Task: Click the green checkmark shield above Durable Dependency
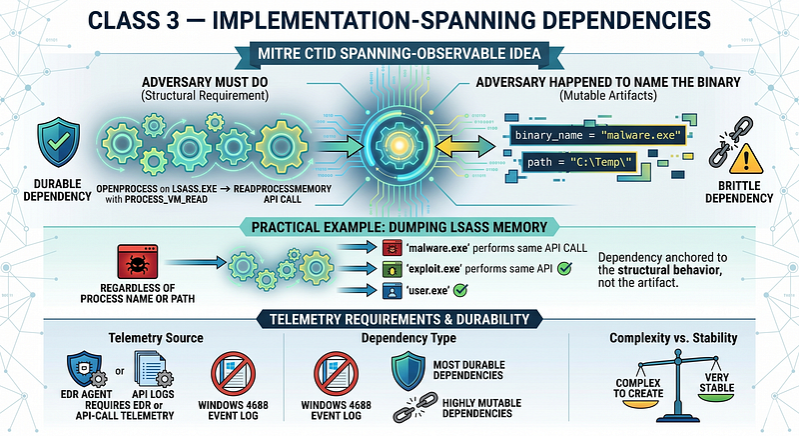click(x=58, y=142)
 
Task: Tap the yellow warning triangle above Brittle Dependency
click(x=746, y=159)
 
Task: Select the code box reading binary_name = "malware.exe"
click(x=597, y=135)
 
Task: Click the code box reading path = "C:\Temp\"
click(x=580, y=162)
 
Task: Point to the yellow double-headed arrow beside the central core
click(x=465, y=146)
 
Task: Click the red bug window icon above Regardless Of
click(x=138, y=262)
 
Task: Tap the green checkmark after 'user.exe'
click(x=460, y=291)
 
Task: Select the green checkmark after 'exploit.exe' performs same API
click(x=564, y=268)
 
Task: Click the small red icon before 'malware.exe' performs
click(x=389, y=248)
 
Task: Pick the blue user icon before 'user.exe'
click(x=389, y=291)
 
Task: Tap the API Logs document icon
click(x=153, y=369)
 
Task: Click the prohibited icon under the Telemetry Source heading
click(x=233, y=374)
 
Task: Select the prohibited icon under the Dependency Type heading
click(x=336, y=374)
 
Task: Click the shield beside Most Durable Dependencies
click(x=408, y=371)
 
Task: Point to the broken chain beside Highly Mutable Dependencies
click(x=415, y=407)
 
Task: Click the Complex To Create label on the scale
click(x=638, y=388)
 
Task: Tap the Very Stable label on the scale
click(x=716, y=382)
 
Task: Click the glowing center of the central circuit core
click(x=399, y=146)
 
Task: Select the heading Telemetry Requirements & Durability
click(x=399, y=320)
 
